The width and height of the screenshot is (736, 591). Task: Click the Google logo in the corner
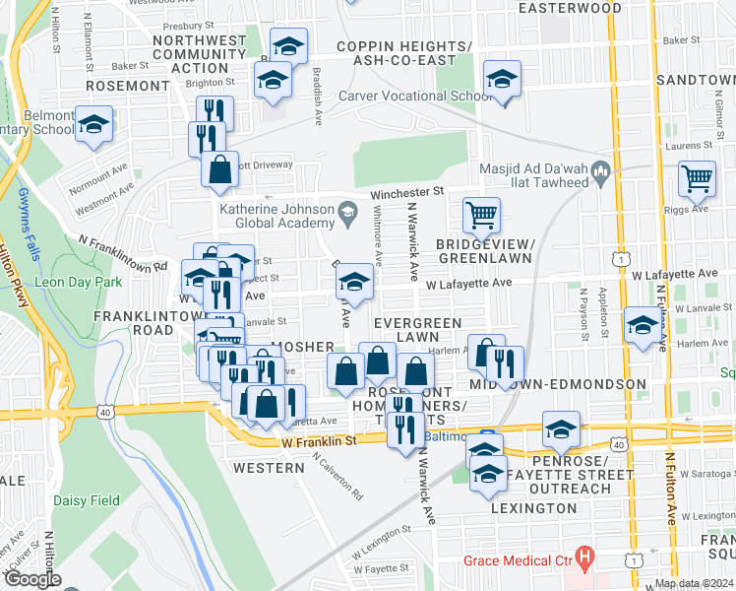(32, 579)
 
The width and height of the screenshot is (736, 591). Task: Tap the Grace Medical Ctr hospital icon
(585, 561)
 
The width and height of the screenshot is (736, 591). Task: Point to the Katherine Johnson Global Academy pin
(347, 210)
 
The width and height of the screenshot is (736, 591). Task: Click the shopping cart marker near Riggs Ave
(697, 178)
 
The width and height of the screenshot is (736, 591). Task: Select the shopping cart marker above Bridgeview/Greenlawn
(481, 214)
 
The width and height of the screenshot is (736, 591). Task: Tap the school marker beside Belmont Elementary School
(94, 125)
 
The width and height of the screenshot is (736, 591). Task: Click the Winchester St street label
(408, 191)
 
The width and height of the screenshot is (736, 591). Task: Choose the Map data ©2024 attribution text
(693, 583)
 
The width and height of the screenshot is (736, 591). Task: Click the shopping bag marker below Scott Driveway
(219, 168)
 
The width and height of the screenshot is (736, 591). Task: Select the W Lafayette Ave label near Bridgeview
(468, 283)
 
